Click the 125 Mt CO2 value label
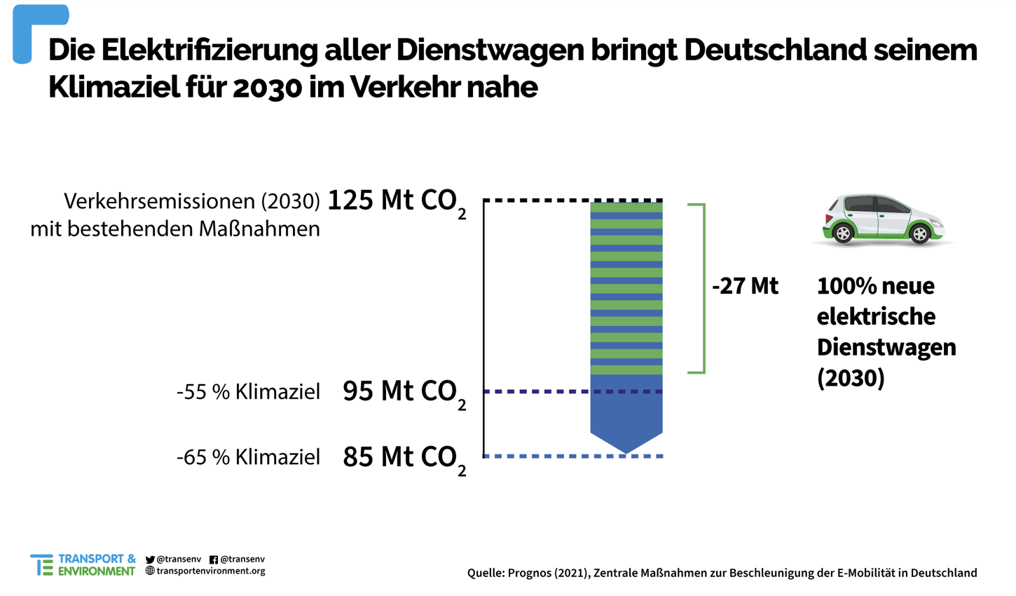(x=396, y=201)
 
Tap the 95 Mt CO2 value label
(x=404, y=392)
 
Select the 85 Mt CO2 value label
(x=404, y=457)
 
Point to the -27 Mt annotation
(x=745, y=286)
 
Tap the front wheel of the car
(x=919, y=234)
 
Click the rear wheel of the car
(x=843, y=233)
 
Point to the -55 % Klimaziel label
(x=248, y=392)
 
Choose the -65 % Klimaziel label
(x=248, y=457)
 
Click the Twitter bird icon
(x=150, y=560)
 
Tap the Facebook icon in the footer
(x=214, y=560)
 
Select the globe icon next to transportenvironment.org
(x=150, y=571)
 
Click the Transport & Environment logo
(x=83, y=565)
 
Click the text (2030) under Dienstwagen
(x=851, y=378)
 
